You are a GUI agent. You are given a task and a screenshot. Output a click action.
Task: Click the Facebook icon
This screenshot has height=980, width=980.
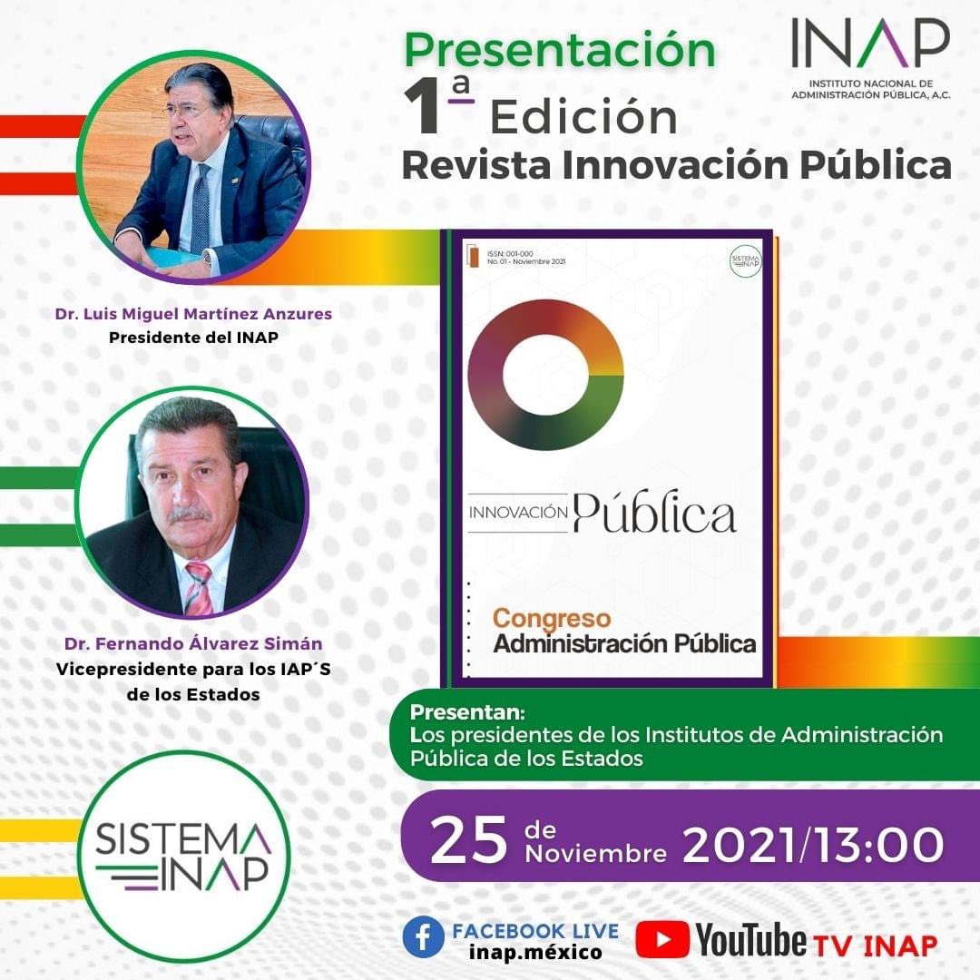[x=424, y=937]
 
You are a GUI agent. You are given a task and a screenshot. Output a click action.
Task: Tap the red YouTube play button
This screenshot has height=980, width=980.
[x=661, y=939]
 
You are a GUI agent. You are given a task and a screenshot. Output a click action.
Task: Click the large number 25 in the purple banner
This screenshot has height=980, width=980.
[x=468, y=842]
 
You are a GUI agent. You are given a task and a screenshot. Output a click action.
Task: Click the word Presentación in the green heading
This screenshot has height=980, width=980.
[x=559, y=51]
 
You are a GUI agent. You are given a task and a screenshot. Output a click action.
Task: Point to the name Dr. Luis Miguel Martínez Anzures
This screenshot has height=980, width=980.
[x=192, y=315]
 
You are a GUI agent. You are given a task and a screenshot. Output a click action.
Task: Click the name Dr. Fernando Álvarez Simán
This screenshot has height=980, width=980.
[x=193, y=643]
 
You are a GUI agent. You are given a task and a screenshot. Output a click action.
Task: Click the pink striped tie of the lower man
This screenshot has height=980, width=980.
[x=198, y=588]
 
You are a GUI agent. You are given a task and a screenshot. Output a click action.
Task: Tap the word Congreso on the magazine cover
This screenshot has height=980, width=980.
[x=551, y=619]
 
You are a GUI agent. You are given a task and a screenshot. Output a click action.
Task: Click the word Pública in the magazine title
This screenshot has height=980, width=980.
[x=654, y=515]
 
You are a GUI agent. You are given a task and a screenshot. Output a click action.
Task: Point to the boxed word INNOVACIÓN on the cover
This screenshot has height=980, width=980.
[x=518, y=513]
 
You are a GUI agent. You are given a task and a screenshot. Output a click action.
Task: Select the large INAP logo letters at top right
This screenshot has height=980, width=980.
[x=869, y=44]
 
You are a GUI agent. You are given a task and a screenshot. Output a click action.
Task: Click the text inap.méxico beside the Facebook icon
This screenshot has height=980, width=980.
[x=535, y=953]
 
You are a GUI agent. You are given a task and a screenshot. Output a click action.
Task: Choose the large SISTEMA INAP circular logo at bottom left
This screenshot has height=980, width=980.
[x=184, y=856]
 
